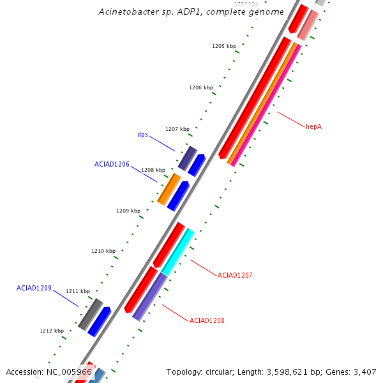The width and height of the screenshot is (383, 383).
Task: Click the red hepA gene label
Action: (x=313, y=126)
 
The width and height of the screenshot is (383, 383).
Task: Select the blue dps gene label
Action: (x=143, y=135)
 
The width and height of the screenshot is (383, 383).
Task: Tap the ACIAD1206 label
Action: (x=112, y=164)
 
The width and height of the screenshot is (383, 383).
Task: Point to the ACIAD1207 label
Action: (x=235, y=275)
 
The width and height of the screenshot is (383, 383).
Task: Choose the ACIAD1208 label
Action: (x=207, y=320)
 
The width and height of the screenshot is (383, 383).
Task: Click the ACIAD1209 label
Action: (x=34, y=288)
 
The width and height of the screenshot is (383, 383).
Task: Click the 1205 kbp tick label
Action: (x=224, y=46)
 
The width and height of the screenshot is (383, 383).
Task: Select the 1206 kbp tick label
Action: (x=201, y=87)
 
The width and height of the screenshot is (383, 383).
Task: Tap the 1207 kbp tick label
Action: (x=177, y=129)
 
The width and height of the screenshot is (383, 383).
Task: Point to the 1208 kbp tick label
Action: (x=153, y=170)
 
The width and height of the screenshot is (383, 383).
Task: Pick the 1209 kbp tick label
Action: (x=128, y=211)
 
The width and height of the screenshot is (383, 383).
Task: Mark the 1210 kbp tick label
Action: (x=103, y=251)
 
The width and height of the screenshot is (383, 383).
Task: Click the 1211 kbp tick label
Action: (x=78, y=291)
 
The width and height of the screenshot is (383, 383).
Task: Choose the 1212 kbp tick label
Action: (x=52, y=331)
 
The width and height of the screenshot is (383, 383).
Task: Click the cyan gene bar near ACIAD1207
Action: (x=178, y=252)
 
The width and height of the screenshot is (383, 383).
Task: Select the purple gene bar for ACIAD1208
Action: (x=150, y=296)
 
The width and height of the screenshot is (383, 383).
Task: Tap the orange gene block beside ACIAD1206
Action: (x=169, y=189)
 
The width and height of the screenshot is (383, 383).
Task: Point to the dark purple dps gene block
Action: (x=187, y=158)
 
